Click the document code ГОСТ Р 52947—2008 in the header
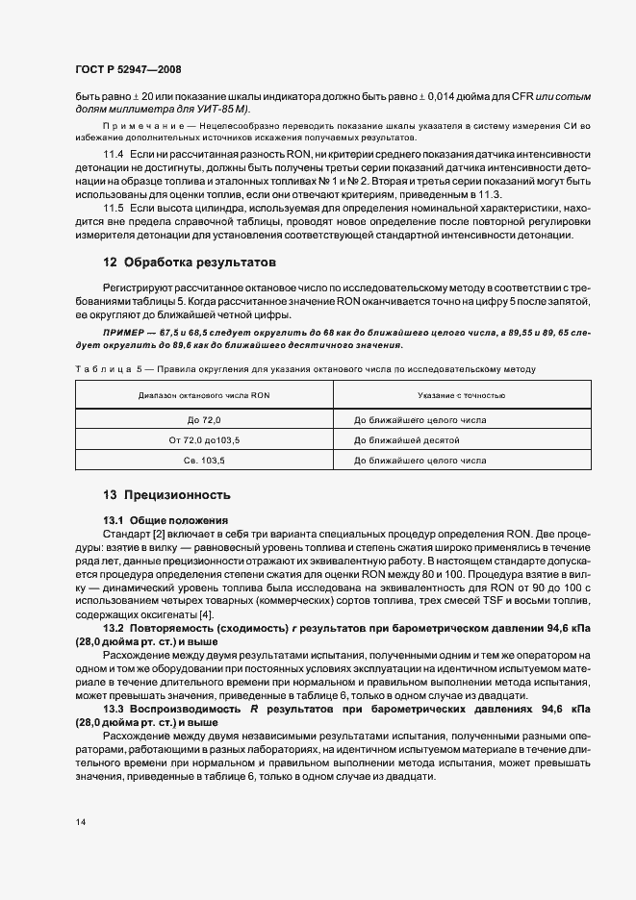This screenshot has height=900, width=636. tap(127, 70)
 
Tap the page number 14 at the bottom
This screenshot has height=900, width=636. tap(80, 822)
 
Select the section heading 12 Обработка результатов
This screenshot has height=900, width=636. tap(190, 262)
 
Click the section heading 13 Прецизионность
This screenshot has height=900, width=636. tap(166, 495)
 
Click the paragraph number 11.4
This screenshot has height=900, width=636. tap(114, 156)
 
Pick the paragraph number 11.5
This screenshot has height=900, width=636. tap(114, 209)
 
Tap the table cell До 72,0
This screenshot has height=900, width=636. tap(204, 419)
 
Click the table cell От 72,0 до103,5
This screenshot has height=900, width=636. tap(204, 439)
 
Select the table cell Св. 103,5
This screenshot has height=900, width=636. tap(204, 461)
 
